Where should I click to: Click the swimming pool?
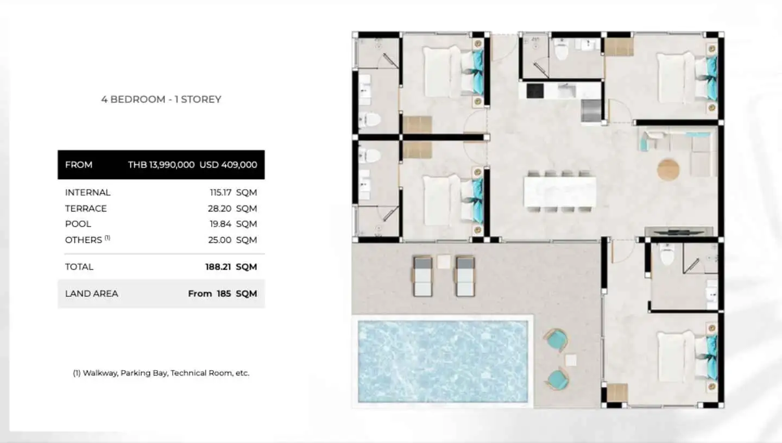pos(443,361)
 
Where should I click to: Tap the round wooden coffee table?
pos(668,170)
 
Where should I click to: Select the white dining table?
pos(559,191)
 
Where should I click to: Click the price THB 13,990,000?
pos(161,165)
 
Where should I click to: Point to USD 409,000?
pos(228,165)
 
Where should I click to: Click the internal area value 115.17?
pos(220,192)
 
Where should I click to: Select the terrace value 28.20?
pos(219,209)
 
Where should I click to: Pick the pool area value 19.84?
pos(220,224)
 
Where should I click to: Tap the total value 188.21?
pos(218,267)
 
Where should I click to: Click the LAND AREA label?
pos(91,294)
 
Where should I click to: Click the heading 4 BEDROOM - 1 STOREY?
pos(161,99)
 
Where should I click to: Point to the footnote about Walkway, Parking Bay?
pos(161,373)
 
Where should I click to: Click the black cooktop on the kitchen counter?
pos(534,91)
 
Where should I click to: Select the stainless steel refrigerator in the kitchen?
pos(591,110)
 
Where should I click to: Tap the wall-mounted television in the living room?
pos(679,231)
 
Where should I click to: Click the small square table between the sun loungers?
pos(444,261)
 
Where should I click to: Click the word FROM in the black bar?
pos(79,165)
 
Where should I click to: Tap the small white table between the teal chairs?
pos(570,360)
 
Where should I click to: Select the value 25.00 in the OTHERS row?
pos(219,240)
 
